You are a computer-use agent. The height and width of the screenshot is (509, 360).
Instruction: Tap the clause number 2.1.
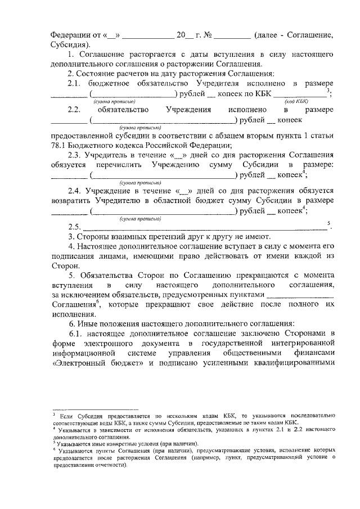pos(75,84)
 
